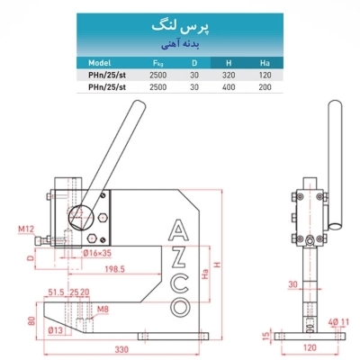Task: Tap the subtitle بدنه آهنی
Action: pos(180,43)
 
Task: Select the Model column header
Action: pos(100,63)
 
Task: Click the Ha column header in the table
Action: pos(265,63)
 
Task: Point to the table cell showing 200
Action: pos(265,88)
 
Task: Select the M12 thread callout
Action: pos(26,230)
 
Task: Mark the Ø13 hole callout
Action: pos(56,331)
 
